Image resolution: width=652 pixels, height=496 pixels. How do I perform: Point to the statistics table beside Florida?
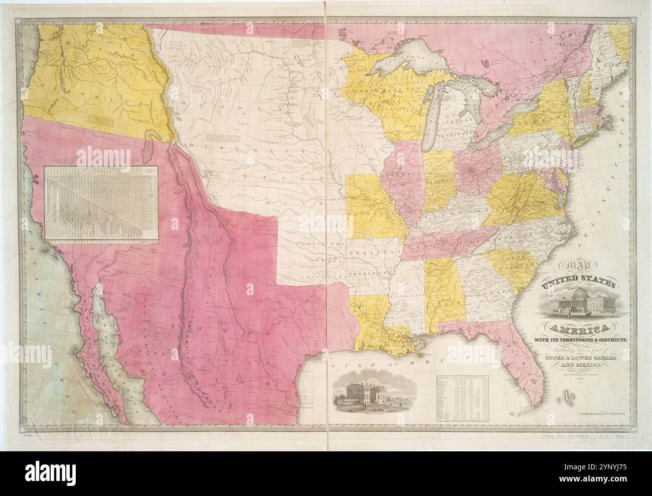(x=462, y=397)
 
